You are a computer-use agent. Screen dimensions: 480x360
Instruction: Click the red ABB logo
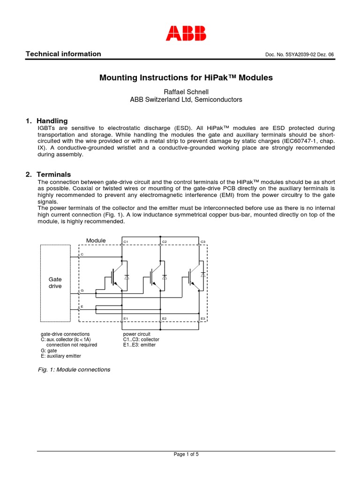(x=186, y=32)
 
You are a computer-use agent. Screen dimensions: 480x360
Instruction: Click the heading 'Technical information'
(x=63, y=54)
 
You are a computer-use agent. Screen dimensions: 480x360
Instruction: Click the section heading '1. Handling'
(x=47, y=121)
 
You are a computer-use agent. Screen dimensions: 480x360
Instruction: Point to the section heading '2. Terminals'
(x=49, y=174)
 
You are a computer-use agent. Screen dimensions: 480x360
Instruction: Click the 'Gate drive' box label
(x=55, y=283)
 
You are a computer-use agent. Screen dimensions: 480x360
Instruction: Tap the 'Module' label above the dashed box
(x=96, y=240)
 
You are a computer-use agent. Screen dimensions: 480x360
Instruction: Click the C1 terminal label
(x=126, y=242)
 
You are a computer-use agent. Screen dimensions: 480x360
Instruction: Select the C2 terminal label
(x=164, y=242)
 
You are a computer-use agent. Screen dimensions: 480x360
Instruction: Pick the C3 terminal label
(x=203, y=242)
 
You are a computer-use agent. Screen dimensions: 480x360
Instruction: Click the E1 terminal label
(x=126, y=319)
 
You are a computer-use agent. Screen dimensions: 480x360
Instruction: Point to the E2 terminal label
(x=164, y=319)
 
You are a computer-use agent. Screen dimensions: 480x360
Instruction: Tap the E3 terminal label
(x=203, y=319)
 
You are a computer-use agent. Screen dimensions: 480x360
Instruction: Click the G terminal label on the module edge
(x=82, y=291)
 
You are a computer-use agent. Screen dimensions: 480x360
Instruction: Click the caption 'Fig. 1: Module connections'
(x=74, y=369)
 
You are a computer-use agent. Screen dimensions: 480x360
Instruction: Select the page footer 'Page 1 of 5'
(x=186, y=454)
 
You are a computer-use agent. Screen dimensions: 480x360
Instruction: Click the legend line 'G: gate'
(x=49, y=350)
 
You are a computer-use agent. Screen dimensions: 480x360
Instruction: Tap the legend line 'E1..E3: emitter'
(x=139, y=345)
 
